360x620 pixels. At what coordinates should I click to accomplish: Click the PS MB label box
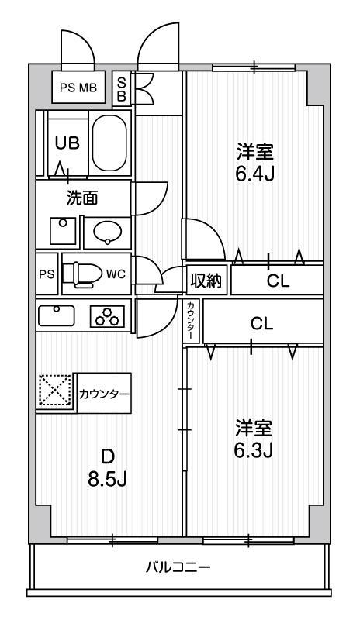(x=78, y=87)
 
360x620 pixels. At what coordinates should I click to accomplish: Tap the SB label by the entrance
(x=123, y=88)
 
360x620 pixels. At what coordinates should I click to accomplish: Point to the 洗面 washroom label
(x=81, y=198)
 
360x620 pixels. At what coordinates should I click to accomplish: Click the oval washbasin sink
(x=108, y=230)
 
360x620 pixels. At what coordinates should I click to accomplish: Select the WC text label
(x=116, y=274)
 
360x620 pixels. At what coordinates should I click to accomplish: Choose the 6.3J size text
(x=255, y=449)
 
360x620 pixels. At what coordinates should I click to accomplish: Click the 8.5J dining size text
(x=107, y=477)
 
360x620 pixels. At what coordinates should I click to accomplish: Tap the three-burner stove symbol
(x=108, y=316)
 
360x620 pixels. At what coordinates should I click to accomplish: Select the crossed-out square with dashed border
(x=55, y=393)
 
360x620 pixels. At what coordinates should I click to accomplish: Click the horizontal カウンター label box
(x=103, y=394)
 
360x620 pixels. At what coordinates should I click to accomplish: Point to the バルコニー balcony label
(x=178, y=567)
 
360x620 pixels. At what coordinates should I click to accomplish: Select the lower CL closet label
(x=261, y=323)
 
